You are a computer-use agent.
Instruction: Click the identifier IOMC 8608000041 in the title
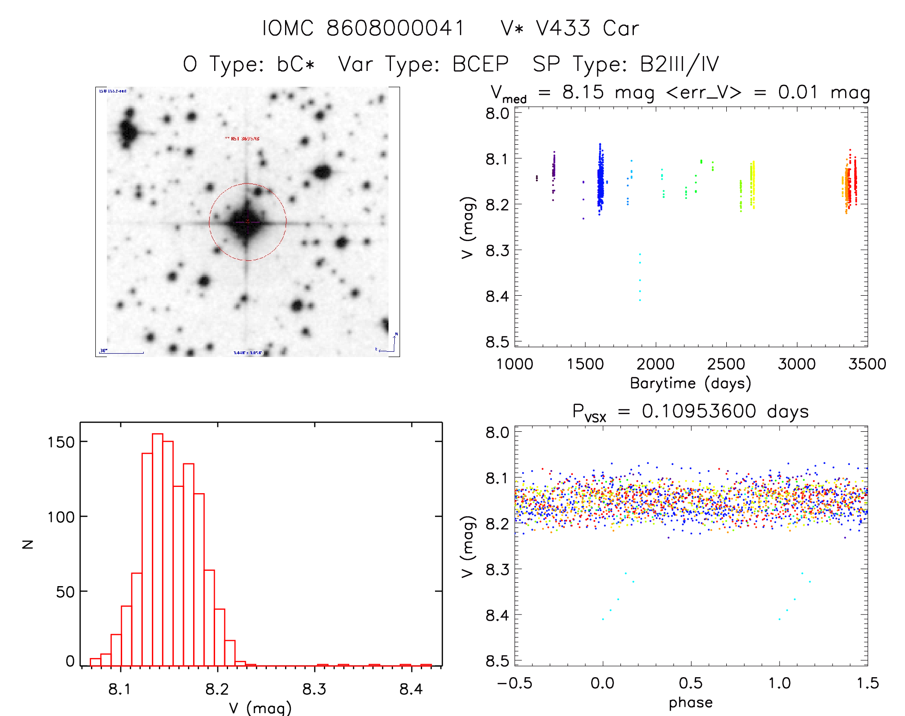(363, 28)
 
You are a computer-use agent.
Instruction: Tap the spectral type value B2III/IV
(679, 64)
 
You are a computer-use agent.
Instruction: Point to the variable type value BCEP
(480, 64)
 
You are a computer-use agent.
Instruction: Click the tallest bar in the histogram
(158, 549)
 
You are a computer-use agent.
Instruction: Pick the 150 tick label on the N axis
(61, 442)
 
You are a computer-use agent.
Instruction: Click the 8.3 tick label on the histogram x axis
(314, 689)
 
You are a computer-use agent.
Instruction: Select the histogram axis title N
(28, 544)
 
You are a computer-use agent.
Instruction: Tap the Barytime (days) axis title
(690, 383)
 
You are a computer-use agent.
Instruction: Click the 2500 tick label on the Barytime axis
(726, 364)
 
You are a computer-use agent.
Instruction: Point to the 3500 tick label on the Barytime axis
(867, 364)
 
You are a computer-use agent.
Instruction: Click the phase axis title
(690, 703)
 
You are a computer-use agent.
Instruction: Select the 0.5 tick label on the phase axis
(690, 683)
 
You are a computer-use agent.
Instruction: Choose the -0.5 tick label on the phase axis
(515, 683)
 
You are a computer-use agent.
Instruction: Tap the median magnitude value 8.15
(583, 92)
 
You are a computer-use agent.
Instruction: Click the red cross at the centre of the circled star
(248, 221)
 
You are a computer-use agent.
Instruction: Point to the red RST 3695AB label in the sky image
(242, 139)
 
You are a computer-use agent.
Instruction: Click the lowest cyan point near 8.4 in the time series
(640, 300)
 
